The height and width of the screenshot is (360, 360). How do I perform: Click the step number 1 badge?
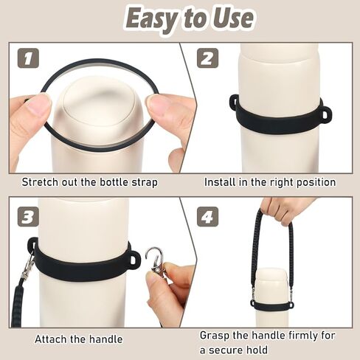[27, 58]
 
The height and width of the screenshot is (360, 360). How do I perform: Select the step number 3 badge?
[27, 217]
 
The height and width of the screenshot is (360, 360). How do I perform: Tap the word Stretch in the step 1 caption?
[41, 181]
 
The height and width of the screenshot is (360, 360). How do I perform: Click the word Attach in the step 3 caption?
[51, 339]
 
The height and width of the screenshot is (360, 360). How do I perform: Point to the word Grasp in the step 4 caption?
[215, 334]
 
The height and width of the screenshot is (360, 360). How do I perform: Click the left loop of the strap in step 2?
[234, 103]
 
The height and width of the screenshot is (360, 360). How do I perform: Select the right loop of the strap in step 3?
[133, 259]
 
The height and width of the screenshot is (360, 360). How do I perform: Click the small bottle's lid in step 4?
[273, 275]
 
